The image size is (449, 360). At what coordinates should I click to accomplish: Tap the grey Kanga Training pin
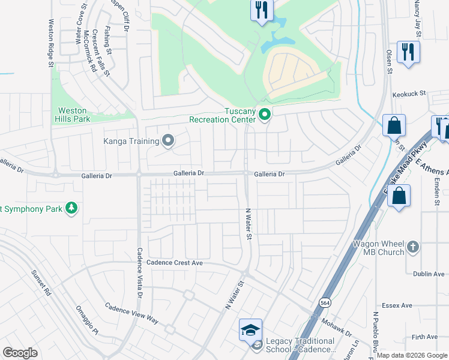(x=168, y=141)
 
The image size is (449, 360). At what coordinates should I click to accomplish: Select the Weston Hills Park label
(x=73, y=115)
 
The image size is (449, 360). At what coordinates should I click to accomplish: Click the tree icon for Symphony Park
(x=71, y=208)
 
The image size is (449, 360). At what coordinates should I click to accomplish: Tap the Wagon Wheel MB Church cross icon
(x=412, y=247)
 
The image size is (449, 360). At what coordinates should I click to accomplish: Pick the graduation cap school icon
(x=250, y=330)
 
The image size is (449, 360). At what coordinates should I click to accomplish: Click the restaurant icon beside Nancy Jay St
(x=408, y=52)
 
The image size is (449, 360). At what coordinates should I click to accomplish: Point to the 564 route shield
(x=324, y=302)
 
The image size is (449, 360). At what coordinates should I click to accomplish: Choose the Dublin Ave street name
(x=429, y=274)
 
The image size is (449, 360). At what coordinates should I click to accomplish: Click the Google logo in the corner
(x=20, y=353)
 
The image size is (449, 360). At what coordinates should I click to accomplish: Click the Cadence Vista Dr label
(x=139, y=273)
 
